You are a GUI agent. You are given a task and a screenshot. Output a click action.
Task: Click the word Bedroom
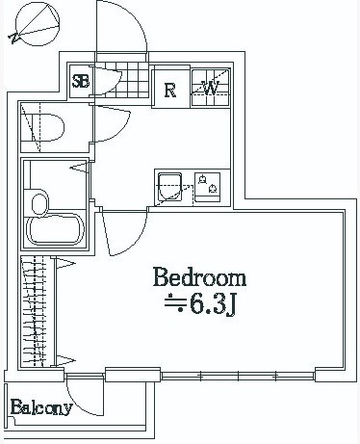199,277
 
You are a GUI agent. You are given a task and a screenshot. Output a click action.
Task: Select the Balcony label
41,407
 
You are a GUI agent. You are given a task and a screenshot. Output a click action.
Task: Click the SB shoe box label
81,81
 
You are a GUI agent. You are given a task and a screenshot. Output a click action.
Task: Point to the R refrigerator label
170,91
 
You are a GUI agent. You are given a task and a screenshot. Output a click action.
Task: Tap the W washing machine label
211,88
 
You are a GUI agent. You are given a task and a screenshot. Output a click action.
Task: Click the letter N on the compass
14,39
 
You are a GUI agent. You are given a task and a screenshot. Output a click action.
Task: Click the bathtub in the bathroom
55,231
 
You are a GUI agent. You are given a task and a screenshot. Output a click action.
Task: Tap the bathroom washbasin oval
39,202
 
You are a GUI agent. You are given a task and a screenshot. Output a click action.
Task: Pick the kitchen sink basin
170,187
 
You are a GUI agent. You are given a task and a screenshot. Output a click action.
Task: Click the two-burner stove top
208,188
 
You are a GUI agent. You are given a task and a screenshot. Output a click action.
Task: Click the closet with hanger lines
36,311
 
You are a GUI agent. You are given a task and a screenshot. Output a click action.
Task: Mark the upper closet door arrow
65,264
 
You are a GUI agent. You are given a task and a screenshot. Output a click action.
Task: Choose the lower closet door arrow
65,360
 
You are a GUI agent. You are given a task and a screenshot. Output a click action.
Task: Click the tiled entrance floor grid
128,80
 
